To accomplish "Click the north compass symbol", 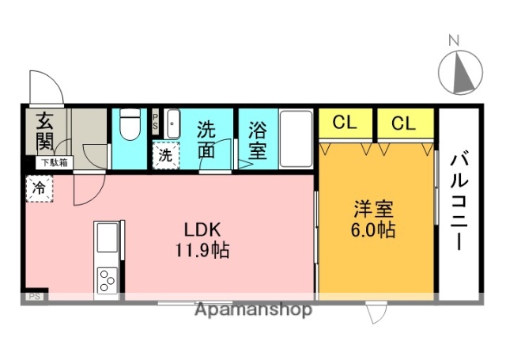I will point(460,73).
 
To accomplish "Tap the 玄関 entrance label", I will point(43,133).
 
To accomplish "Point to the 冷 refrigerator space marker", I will point(38,188).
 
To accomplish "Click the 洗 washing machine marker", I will point(165,155).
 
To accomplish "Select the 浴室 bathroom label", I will point(258,138).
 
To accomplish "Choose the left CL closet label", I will point(344,123).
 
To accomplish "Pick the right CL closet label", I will point(403,123).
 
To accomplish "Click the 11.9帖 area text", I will point(204,252).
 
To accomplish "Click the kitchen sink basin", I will point(106,237).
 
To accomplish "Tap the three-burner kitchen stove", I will point(106,280).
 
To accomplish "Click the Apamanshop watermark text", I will point(253,309).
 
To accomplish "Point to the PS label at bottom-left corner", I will point(35,297).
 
